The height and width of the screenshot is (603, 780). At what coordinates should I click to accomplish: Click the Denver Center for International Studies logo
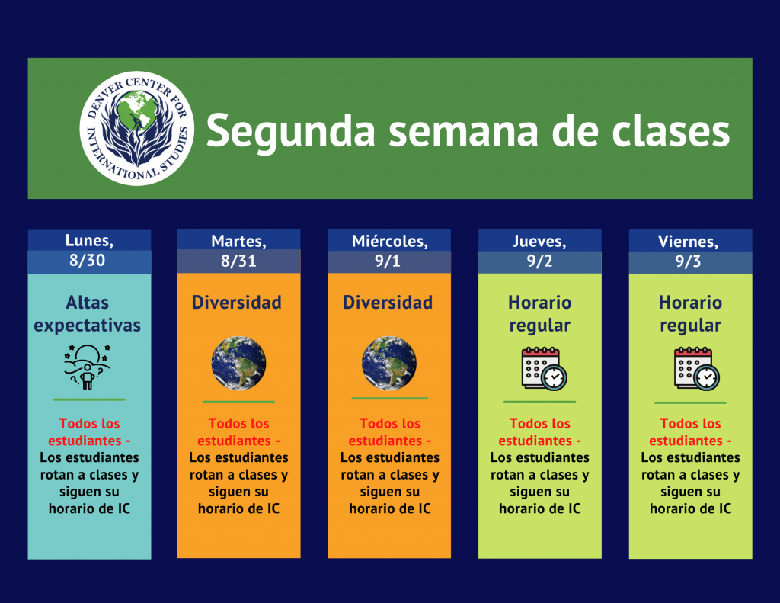(x=137, y=129)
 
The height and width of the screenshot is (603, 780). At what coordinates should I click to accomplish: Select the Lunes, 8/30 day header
(x=90, y=251)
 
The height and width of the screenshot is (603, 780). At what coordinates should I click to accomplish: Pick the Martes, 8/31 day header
(x=238, y=251)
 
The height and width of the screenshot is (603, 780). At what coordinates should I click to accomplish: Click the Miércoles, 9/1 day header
(x=389, y=251)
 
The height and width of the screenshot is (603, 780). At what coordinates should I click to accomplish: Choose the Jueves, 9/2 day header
(x=540, y=251)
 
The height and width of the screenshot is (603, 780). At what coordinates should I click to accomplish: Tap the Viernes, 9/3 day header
(x=690, y=252)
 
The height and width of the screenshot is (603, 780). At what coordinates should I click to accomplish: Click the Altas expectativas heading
(x=88, y=314)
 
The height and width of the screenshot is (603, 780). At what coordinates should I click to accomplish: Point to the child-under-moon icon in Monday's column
(x=88, y=367)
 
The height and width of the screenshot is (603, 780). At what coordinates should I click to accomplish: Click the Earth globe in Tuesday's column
(x=238, y=364)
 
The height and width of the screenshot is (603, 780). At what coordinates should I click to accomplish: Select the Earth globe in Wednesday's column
(x=389, y=364)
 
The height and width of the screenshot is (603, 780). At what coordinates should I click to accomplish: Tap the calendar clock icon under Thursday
(x=544, y=369)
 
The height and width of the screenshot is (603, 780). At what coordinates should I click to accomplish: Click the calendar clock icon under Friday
(x=696, y=369)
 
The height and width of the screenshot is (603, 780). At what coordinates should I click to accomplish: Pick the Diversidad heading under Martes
(x=237, y=303)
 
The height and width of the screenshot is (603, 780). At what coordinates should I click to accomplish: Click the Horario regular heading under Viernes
(x=690, y=314)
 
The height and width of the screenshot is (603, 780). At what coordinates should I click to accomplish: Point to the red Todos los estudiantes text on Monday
(x=90, y=431)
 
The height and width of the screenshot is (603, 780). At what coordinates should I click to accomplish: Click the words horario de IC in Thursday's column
(x=540, y=508)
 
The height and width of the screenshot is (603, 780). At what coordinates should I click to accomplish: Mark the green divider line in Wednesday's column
(x=390, y=399)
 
